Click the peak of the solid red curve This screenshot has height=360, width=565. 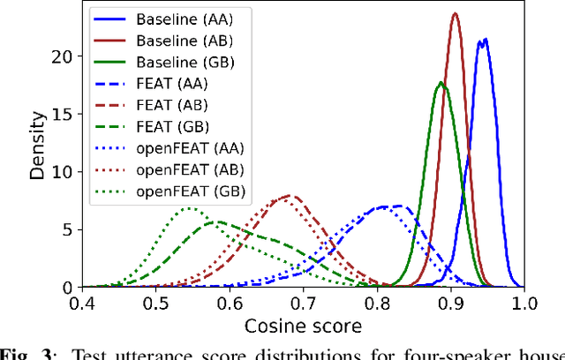455,14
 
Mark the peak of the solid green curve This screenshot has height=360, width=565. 441,83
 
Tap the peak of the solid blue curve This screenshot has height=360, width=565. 484,39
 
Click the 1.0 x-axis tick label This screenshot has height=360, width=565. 524,304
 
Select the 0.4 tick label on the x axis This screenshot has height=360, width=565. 83,304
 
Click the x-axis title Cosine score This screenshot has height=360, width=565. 303,326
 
